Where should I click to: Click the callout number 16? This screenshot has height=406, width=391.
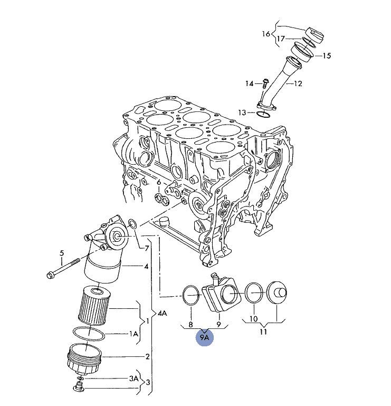(x=266, y=34)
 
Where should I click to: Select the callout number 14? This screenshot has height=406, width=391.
(x=249, y=83)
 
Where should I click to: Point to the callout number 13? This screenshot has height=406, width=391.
(x=242, y=112)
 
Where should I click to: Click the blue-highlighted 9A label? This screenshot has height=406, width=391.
(x=204, y=336)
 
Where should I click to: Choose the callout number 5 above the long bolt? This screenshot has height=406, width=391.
(x=62, y=253)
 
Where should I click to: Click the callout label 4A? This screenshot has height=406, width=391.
(x=163, y=313)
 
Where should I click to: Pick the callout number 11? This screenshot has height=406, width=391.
(x=263, y=332)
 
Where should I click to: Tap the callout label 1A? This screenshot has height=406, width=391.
(x=134, y=334)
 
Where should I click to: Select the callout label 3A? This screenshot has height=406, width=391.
(x=134, y=378)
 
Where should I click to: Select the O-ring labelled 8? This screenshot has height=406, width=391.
(x=190, y=295)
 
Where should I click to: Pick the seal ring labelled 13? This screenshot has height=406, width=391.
(x=264, y=112)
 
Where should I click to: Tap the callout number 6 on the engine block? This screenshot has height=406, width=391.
(x=158, y=183)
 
